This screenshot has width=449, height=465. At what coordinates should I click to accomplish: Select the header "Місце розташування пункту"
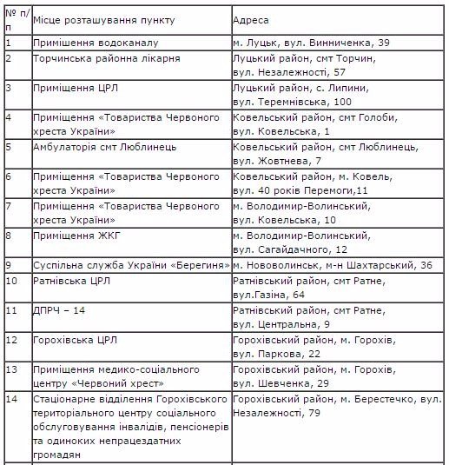98,18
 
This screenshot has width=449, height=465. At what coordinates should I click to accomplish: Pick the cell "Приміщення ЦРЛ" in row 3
72,88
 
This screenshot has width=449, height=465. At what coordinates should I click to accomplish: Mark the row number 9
9,264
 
